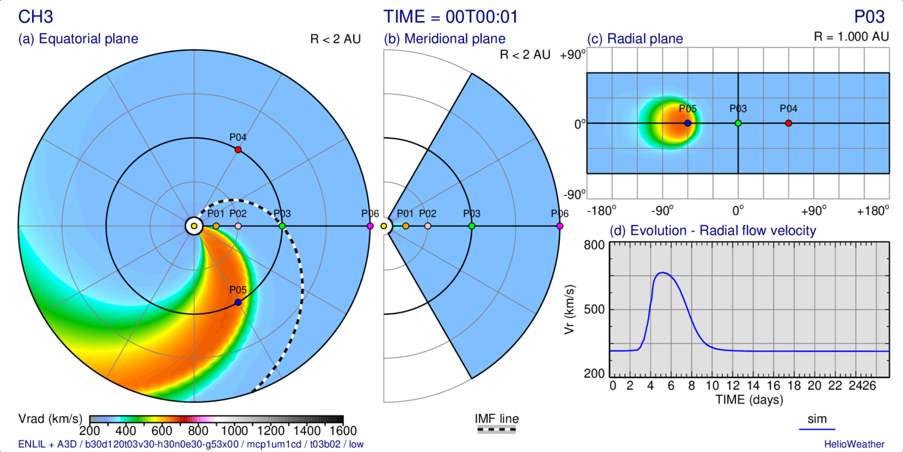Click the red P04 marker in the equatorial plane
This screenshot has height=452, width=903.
(238, 149)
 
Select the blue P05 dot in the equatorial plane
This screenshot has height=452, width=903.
(238, 303)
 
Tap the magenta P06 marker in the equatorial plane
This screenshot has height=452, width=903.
(369, 226)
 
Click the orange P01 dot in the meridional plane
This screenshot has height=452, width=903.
(406, 226)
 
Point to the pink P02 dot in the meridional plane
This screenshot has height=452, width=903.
(428, 226)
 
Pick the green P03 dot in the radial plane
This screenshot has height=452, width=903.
(738, 123)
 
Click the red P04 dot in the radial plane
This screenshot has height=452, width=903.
(788, 123)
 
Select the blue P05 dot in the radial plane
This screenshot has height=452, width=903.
(688, 123)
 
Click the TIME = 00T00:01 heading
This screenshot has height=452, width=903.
(451, 16)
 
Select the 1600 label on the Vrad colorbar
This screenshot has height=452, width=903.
(342, 431)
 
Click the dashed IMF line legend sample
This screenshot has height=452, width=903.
(497, 430)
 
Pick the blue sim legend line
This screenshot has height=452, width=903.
(817, 429)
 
